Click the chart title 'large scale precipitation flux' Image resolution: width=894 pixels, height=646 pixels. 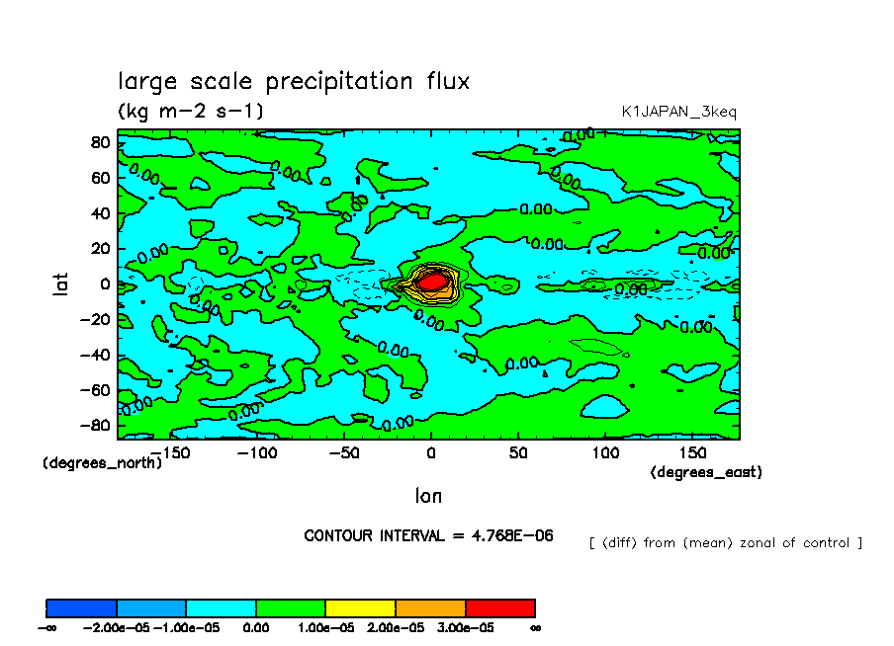click(294, 81)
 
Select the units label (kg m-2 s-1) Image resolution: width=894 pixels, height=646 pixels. click(191, 111)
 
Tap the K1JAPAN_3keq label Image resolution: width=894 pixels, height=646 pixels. click(678, 112)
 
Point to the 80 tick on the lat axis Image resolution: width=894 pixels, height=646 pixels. click(100, 142)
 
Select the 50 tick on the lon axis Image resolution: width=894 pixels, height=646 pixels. click(517, 452)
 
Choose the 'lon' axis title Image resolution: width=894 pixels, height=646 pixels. click(428, 494)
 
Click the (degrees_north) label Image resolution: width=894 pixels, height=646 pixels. click(102, 462)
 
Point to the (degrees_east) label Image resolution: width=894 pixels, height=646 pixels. click(706, 473)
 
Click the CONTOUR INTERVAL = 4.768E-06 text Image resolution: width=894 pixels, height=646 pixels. click(428, 536)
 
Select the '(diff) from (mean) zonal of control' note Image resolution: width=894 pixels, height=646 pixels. click(725, 542)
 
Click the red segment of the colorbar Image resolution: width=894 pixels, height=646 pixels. click(499, 607)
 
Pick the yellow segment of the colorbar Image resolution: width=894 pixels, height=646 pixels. click(360, 607)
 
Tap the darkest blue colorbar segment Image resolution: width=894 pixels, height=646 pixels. click(82, 607)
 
